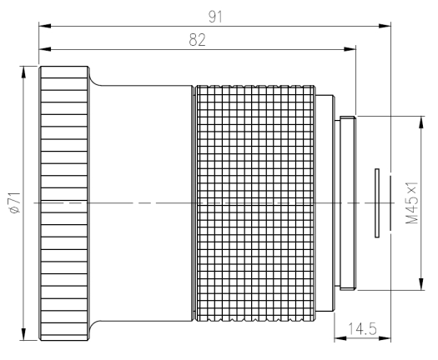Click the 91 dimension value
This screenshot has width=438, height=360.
tap(215, 17)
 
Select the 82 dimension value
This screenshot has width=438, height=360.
tap(197, 40)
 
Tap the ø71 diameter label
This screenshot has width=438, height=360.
tap(15, 202)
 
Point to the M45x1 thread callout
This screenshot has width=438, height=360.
tap(412, 202)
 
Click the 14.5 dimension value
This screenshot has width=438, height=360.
tap(362, 328)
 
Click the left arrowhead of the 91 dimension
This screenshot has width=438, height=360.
tap(45, 26)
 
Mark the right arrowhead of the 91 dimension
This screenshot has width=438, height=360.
tap(385, 26)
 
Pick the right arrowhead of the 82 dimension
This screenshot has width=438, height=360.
tap(350, 49)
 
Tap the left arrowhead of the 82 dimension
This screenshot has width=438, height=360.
tap(45, 49)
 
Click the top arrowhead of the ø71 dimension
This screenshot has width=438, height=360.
tap(23, 72)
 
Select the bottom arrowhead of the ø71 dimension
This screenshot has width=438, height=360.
tap(23, 334)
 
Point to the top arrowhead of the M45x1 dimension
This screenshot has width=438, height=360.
tap(421, 122)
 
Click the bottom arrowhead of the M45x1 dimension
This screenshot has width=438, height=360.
tap(421, 284)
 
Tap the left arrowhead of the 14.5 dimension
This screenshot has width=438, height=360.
tap(340, 338)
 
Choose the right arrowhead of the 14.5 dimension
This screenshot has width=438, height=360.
tap(385, 338)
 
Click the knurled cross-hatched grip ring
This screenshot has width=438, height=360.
tap(255, 203)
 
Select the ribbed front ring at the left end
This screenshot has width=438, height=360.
tap(64, 203)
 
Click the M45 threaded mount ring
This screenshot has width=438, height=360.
tap(348, 202)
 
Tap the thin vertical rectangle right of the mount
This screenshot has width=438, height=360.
tap(377, 203)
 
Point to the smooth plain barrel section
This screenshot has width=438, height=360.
tap(141, 203)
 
